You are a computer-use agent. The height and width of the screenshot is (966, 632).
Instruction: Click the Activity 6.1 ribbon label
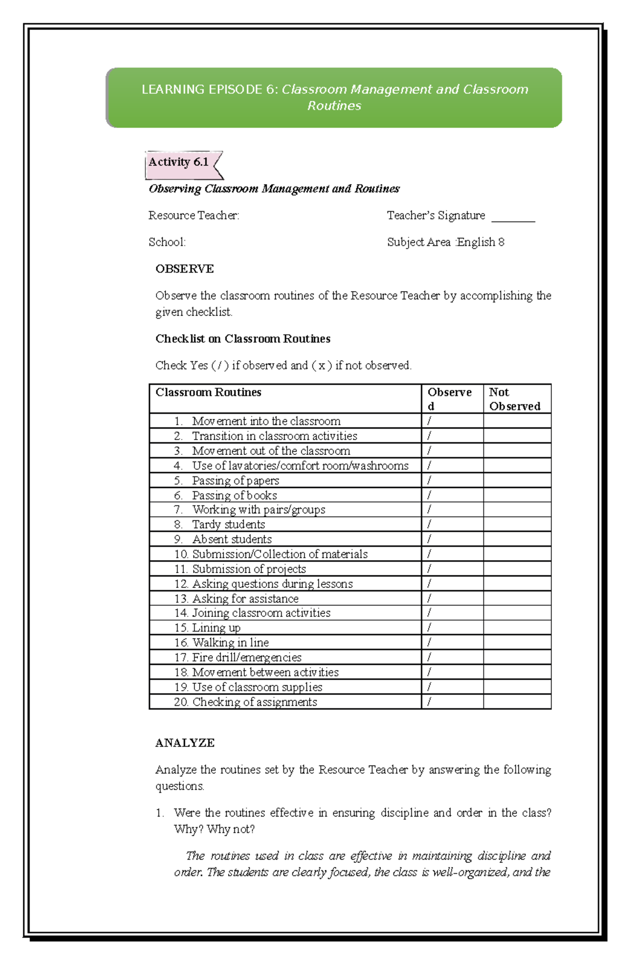[179, 163]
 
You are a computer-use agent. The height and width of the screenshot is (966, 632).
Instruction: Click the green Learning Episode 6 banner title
[334, 97]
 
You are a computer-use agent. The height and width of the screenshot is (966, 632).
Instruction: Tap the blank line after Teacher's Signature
[512, 217]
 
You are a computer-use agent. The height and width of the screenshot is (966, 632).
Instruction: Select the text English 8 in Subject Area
[480, 242]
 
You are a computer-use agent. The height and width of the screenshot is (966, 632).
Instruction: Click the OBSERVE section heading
[184, 269]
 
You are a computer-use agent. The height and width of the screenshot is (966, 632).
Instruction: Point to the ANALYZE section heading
[185, 743]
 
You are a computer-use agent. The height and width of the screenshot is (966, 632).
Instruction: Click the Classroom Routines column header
[208, 393]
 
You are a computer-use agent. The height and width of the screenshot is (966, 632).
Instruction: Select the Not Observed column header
[514, 399]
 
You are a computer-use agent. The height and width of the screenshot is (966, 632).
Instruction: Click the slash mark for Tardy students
[429, 524]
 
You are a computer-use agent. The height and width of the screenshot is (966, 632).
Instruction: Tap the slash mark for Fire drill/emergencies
[429, 658]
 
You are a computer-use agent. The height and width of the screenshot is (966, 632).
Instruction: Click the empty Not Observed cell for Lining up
[517, 628]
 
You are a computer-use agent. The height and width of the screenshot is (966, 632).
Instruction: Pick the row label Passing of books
[234, 495]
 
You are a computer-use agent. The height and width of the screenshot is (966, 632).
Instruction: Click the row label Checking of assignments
[254, 702]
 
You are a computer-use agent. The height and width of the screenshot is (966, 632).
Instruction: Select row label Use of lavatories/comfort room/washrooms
[300, 466]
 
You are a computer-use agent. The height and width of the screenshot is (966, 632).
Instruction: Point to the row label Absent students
[232, 540]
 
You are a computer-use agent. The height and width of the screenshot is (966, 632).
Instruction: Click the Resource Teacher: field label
[193, 215]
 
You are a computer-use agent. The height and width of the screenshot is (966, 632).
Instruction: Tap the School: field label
[167, 242]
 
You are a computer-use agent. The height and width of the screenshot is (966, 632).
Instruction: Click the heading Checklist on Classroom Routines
[243, 339]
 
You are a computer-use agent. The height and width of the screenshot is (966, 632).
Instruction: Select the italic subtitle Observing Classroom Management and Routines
[274, 189]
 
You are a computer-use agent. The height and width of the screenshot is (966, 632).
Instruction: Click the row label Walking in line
[230, 643]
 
